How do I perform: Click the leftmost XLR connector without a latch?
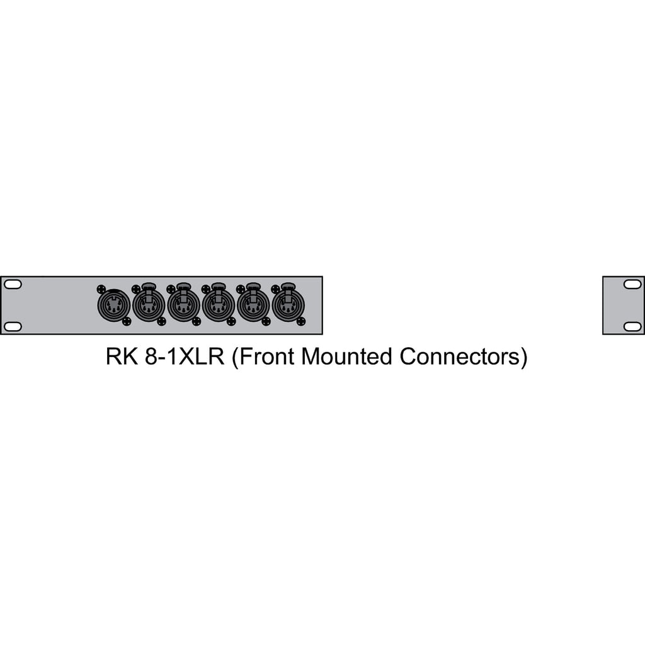coord(113,306)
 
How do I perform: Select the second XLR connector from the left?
coord(149,307)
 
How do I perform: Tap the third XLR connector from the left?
coord(183,307)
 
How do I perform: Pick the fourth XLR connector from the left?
coord(219,307)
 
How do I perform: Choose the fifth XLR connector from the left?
coord(253,307)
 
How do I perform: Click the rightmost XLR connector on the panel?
coord(288,307)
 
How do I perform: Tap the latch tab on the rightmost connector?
coord(288,288)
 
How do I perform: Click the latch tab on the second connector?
coord(149,288)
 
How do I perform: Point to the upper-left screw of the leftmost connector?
coord(101,289)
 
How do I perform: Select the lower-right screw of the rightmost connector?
coord(301,321)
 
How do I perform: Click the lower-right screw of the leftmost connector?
coord(127,321)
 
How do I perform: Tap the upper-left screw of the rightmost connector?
coord(275,289)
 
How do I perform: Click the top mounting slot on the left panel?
coord(13,285)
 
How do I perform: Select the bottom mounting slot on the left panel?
coord(13,326)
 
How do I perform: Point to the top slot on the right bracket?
coord(632,285)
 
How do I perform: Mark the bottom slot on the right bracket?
coord(632,326)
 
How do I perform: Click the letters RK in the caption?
coord(120,357)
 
